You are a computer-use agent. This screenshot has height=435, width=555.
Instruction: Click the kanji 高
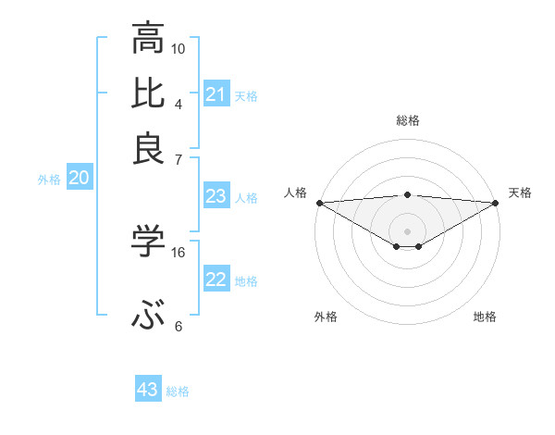pyautogui.click(x=149, y=40)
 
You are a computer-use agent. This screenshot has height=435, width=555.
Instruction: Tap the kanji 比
pyautogui.click(x=149, y=93)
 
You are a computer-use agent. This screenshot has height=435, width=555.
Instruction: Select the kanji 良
pyautogui.click(x=149, y=148)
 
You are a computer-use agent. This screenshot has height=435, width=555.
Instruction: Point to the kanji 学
pyautogui.click(x=149, y=242)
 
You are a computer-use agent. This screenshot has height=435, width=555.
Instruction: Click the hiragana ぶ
pyautogui.click(x=149, y=317)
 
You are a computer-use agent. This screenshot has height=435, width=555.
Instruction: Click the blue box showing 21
pyautogui.click(x=216, y=94)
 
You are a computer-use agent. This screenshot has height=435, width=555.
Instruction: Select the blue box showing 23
pyautogui.click(x=216, y=196)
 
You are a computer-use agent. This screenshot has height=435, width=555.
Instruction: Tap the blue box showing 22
pyautogui.click(x=216, y=280)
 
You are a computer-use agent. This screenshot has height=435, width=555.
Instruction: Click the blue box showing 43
pyautogui.click(x=148, y=390)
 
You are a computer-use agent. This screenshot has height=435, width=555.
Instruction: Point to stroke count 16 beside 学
pyautogui.click(x=179, y=252)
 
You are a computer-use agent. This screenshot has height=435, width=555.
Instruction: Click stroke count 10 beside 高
pyautogui.click(x=179, y=48)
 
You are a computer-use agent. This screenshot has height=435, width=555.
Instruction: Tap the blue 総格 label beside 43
pyautogui.click(x=178, y=391)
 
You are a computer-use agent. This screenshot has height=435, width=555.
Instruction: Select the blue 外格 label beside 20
pyautogui.click(x=49, y=180)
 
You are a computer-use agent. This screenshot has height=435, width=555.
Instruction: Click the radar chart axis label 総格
pyautogui.click(x=407, y=120)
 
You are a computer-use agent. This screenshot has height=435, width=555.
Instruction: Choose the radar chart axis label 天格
pyautogui.click(x=520, y=193)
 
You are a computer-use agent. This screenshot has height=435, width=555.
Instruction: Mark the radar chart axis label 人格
pyautogui.click(x=295, y=193)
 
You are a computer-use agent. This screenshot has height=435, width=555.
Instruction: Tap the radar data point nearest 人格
pyautogui.click(x=318, y=203)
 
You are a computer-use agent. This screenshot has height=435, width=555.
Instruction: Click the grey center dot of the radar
pyautogui.click(x=407, y=230)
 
